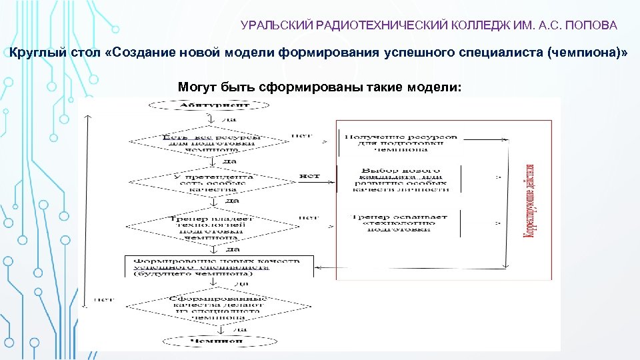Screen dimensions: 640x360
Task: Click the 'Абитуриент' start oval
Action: coord(209,105)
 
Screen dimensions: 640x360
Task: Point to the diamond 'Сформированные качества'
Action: coord(218,307)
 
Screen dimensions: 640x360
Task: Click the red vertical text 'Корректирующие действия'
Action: coord(531,203)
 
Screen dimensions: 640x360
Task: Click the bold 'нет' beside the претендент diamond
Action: coord(309,177)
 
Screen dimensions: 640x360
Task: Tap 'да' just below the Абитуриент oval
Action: coord(229,120)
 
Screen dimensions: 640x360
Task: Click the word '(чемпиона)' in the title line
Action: coord(587,53)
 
